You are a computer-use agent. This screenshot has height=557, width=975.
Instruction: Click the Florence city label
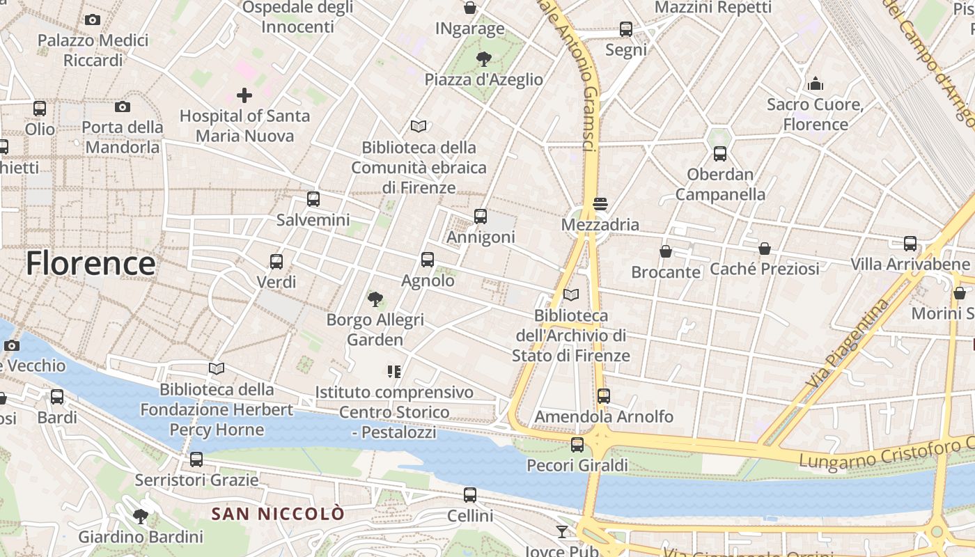tap(91, 264)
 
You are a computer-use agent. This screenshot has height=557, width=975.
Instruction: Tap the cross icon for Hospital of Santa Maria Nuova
tap(244, 95)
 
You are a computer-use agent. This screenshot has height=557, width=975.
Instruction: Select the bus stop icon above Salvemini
tap(313, 198)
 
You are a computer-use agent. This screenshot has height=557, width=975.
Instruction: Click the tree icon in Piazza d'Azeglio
tap(483, 58)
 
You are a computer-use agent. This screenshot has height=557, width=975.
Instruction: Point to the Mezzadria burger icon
tap(600, 204)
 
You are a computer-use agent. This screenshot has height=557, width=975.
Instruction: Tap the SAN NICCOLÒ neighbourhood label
tap(278, 515)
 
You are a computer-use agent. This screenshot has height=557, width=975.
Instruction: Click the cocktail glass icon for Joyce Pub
tap(562, 532)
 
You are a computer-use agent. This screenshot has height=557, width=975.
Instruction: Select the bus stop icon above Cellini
tap(470, 495)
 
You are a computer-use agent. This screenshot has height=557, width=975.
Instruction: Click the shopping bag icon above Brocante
tap(666, 251)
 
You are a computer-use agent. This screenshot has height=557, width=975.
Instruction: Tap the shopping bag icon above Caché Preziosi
tap(765, 248)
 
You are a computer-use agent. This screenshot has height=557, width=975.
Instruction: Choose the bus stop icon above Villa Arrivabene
tap(910, 243)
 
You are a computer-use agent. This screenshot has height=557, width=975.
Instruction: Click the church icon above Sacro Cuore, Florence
tap(816, 84)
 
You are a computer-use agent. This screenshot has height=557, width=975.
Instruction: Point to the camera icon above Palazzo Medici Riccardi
tap(93, 19)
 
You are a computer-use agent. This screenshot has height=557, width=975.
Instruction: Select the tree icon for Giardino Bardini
tap(141, 516)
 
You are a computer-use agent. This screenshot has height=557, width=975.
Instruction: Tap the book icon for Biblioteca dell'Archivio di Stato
tap(571, 295)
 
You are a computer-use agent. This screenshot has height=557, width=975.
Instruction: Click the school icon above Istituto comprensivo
tap(394, 372)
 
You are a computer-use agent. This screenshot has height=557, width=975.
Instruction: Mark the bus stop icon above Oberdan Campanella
tap(720, 153)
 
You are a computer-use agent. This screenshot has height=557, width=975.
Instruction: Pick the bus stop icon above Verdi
tap(276, 262)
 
